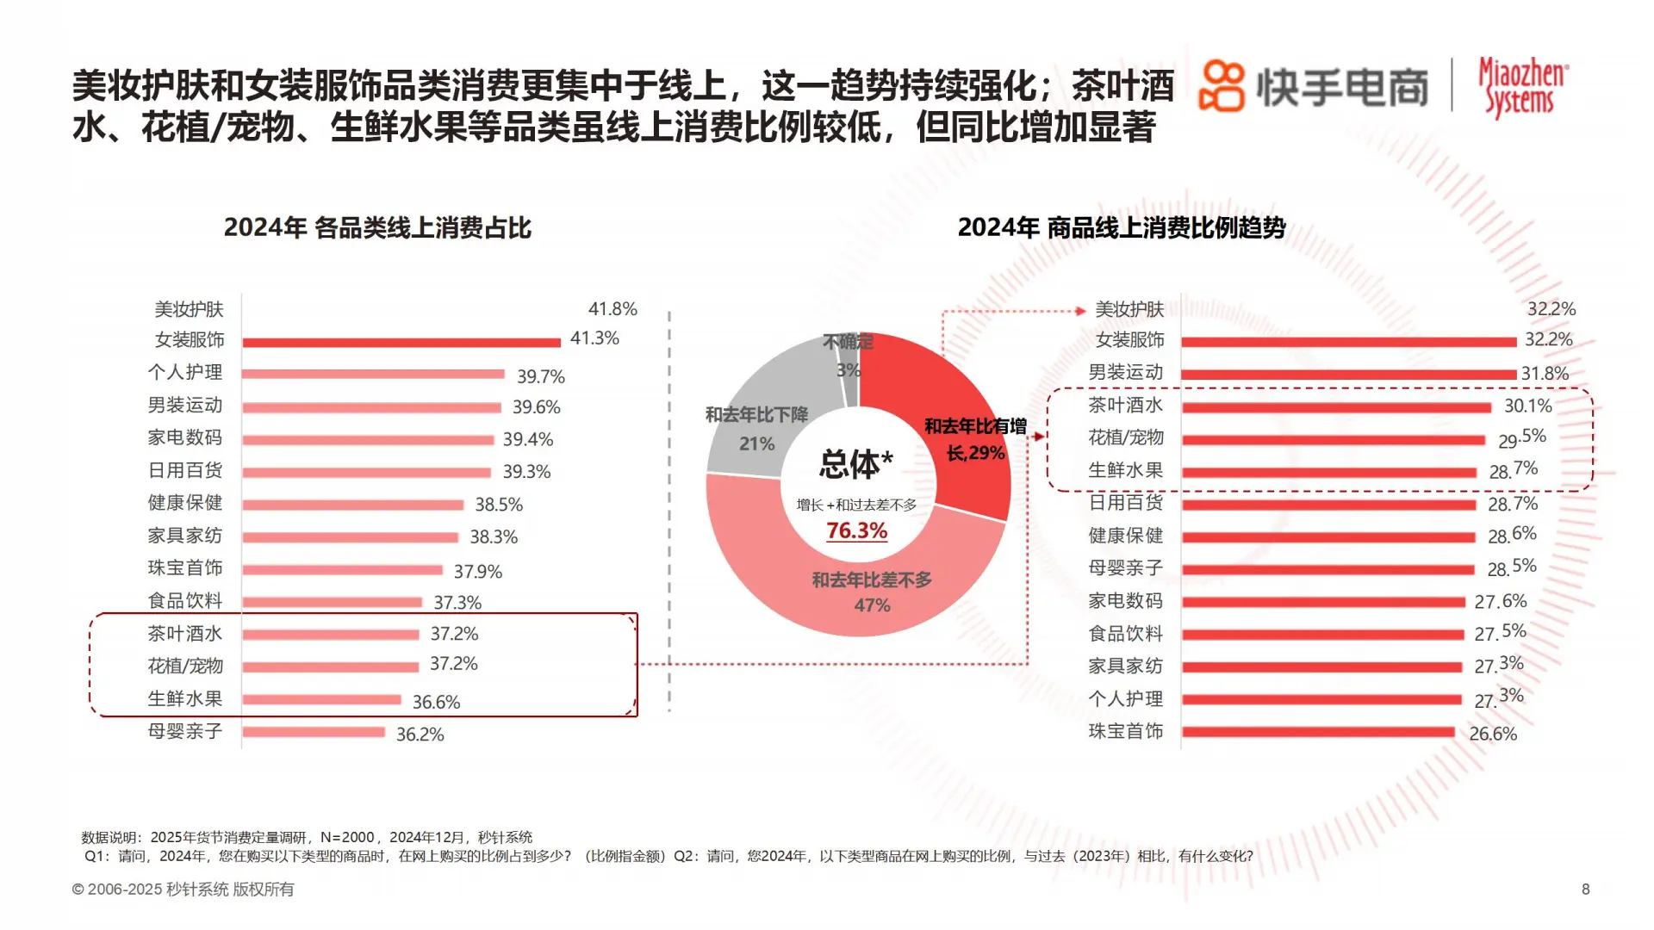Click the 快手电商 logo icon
coord(1222,86)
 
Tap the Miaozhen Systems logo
coord(1523,86)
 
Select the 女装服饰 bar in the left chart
coord(401,343)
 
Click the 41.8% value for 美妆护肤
coord(612,309)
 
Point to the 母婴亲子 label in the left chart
coord(185,732)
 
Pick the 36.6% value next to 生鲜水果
coord(436,703)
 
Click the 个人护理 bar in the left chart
coord(373,375)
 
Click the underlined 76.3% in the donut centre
coord(856,531)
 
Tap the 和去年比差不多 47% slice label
coord(872,592)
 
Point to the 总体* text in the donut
coord(855,465)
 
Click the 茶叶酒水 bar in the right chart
coord(1335,407)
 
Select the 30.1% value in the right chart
coord(1527,406)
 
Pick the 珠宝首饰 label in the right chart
coord(1125,732)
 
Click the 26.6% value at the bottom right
coord(1493,735)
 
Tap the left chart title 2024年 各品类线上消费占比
coord(377,228)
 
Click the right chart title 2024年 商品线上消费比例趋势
coord(1121,228)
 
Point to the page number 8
coord(1585,890)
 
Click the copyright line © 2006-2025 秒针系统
coord(183,890)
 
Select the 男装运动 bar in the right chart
coord(1348,375)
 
